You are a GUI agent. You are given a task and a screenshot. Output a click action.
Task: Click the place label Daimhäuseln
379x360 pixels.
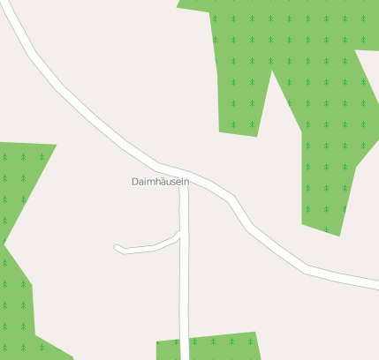point(160,182)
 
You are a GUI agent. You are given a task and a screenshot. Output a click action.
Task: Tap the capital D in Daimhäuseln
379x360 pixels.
point(134,182)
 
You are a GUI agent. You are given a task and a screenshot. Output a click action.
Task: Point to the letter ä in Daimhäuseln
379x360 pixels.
point(161,182)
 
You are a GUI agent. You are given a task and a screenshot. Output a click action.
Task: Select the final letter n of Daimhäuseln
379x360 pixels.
point(186,182)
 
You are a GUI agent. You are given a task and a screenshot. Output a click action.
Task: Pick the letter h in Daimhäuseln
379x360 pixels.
point(154,182)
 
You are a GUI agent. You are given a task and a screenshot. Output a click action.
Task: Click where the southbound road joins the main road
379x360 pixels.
point(184,174)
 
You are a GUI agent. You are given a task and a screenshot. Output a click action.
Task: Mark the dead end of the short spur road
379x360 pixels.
point(117,248)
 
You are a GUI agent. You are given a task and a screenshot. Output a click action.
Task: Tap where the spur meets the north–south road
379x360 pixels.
point(181,234)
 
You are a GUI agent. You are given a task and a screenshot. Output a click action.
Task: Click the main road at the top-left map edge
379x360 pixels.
point(7,7)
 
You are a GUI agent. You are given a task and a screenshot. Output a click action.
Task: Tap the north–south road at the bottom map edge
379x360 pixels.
point(185,356)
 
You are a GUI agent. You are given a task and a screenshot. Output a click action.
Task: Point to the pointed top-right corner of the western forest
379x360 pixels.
point(55,145)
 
